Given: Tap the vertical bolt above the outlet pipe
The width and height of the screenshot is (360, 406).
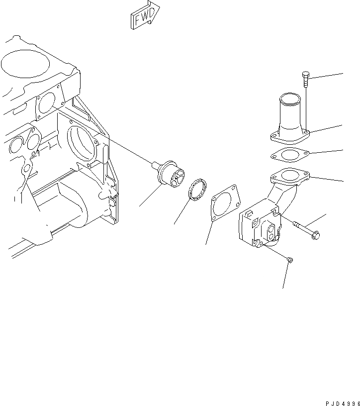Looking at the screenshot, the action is point(306,80).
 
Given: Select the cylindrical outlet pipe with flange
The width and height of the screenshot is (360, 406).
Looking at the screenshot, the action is point(290,118).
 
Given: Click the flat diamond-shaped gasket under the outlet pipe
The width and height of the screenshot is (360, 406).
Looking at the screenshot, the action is point(290,155).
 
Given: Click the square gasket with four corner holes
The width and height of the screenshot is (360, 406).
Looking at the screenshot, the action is point(225,203).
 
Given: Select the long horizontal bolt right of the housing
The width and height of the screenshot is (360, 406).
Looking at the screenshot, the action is point(306,229).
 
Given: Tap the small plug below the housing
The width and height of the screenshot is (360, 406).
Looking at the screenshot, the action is point(290,260).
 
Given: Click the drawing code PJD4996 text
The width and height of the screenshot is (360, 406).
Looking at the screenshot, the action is point(343,403).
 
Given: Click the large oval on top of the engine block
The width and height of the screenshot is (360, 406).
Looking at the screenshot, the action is point(25,64).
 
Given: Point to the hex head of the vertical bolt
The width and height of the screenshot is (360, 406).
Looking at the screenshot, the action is point(306,75).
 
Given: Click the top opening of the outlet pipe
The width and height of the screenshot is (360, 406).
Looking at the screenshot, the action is point(290,99).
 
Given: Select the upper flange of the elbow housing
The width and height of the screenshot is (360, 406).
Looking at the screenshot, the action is point(290,177).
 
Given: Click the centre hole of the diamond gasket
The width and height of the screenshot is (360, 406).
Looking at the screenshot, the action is point(290,155).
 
